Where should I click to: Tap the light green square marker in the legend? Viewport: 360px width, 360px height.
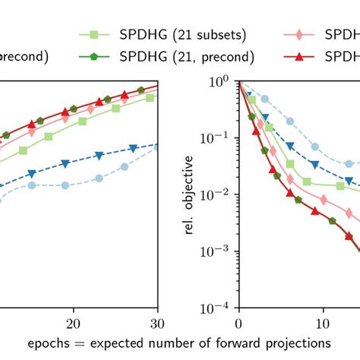click(94, 35)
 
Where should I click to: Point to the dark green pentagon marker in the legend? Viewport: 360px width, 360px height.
click(94, 55)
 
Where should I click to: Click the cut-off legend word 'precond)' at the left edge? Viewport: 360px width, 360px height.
click(24, 55)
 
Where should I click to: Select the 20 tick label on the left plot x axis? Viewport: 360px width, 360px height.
click(74, 321)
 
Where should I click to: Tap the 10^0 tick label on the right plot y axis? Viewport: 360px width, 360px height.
click(220, 80)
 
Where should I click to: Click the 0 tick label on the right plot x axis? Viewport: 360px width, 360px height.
click(239, 321)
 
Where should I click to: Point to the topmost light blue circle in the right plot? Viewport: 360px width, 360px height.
click(264, 99)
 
